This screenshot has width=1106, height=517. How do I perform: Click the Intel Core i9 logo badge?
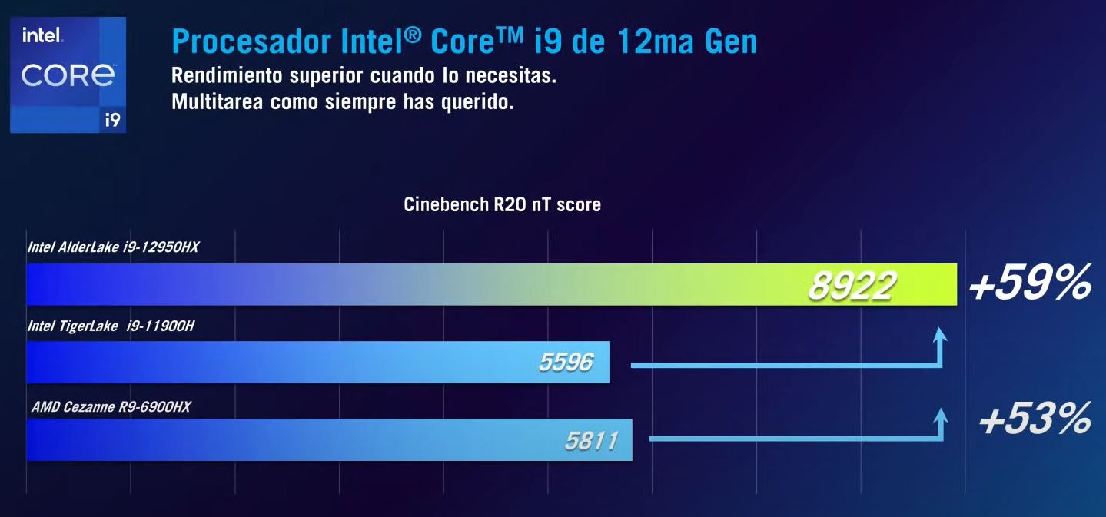click(x=68, y=75)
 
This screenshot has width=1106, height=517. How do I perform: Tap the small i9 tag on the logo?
click(x=112, y=120)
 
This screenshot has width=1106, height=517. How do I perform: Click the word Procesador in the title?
click(x=238, y=41)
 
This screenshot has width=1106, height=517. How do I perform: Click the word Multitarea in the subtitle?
click(x=218, y=102)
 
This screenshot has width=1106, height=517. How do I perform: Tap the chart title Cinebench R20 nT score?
click(x=502, y=205)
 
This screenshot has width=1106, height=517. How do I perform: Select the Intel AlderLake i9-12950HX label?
click(x=113, y=248)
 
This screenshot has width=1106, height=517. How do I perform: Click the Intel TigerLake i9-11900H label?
click(x=111, y=326)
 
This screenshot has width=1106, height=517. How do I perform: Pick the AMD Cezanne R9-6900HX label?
click(x=111, y=406)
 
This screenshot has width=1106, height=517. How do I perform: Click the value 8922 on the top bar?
click(x=851, y=287)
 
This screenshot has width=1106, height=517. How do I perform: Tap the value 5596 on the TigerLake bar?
click(x=566, y=362)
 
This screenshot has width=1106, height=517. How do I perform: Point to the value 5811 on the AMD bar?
click(x=591, y=441)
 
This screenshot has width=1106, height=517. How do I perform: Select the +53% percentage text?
click(x=1035, y=420)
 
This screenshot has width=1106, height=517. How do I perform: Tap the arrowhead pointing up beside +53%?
click(x=938, y=415)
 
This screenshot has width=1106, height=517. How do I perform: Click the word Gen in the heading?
click(x=726, y=41)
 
